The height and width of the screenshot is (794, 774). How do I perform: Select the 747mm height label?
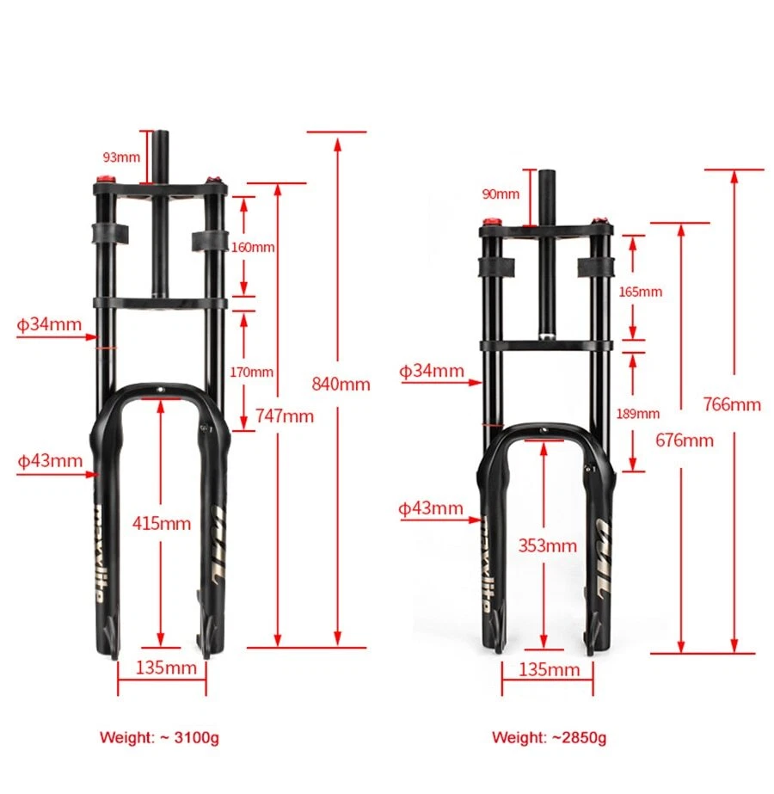click(285, 416)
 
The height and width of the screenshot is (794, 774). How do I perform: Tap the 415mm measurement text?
click(162, 522)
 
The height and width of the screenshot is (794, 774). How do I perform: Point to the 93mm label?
click(121, 157)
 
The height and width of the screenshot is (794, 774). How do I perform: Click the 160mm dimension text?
click(253, 247)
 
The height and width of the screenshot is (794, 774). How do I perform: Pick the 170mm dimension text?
click(253, 372)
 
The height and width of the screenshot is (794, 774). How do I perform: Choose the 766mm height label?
click(732, 404)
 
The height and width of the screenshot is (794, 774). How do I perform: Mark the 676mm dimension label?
click(685, 440)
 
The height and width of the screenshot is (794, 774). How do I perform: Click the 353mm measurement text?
click(547, 545)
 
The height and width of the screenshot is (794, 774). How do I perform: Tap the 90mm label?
click(501, 194)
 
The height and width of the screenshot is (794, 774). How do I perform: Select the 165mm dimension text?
click(641, 292)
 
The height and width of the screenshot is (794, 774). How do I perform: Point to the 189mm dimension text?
click(638, 414)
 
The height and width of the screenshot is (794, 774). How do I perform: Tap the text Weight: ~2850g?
click(549, 737)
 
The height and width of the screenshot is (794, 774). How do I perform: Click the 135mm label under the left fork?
click(162, 668)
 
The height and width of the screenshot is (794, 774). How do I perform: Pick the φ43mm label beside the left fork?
click(50, 459)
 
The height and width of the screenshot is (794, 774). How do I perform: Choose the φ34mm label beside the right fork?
click(432, 371)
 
